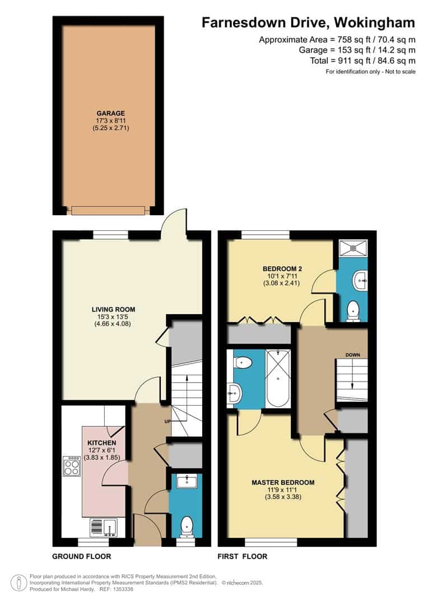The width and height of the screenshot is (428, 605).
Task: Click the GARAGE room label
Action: pyautogui.click(x=111, y=113)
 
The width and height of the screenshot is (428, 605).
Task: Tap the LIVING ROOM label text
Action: pyautogui.click(x=114, y=309)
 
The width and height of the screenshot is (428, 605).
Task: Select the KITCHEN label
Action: pyautogui.click(x=102, y=443)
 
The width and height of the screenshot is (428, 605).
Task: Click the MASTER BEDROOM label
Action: pyautogui.click(x=283, y=482)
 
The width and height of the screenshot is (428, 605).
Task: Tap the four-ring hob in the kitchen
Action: pyautogui.click(x=72, y=466)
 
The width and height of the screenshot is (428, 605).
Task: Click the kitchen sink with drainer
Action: pyautogui.click(x=104, y=528)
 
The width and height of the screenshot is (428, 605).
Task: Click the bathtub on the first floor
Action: pyautogui.click(x=278, y=378)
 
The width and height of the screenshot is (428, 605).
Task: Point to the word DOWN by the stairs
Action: pyautogui.click(x=353, y=355)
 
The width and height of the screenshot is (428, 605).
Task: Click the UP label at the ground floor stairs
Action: pyautogui.click(x=168, y=422)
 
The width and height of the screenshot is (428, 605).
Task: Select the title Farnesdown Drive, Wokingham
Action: pyautogui.click(x=308, y=23)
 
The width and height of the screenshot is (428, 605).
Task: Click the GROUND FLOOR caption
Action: pyautogui.click(x=81, y=556)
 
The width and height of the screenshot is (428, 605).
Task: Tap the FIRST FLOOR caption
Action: pyautogui.click(x=243, y=556)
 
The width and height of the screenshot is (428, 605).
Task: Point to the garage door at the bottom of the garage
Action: pyautogui.click(x=108, y=210)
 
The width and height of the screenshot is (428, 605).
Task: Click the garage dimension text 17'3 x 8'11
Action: pyautogui.click(x=111, y=120)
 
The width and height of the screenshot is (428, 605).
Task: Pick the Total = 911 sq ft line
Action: pyautogui.click(x=363, y=61)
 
